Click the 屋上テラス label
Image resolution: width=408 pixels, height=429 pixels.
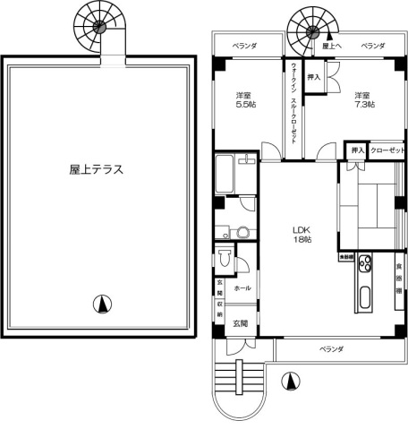coord(96,168)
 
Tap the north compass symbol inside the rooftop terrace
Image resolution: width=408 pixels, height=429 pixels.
coord(106,305)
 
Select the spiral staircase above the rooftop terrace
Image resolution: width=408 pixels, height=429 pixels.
coord(94,24)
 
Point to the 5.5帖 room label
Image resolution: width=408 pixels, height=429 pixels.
coord(243,100)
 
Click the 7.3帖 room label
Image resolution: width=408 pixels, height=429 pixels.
coord(361,100)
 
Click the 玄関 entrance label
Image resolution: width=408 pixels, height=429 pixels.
coord(241,322)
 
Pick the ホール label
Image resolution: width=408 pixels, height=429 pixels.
coord(242,288)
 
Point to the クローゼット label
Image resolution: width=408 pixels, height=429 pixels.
coord(387,150)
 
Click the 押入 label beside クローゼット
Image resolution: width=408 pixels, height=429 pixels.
coord(357,150)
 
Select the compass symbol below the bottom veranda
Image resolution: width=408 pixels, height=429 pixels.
coord(289,381)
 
